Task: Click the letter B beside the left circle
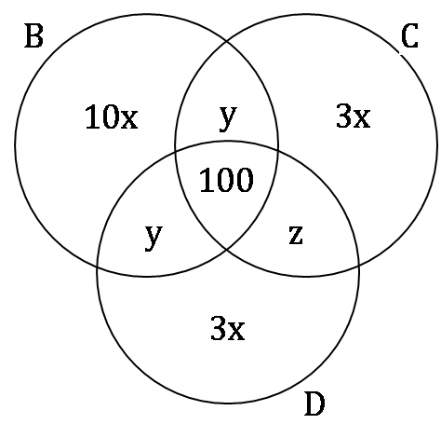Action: pos(33,36)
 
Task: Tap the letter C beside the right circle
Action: pos(409,36)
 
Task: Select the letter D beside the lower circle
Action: pos(314,403)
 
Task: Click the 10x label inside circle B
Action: pos(111,116)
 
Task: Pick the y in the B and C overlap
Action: pos(228,118)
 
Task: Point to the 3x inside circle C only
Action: pos(354,116)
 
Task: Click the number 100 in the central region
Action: pos(226,180)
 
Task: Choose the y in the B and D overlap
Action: pos(154,238)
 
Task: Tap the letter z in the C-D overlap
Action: pos(296,235)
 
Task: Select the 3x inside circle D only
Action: pos(228,328)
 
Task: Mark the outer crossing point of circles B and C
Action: pos(227,41)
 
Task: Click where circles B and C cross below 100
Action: pos(227,249)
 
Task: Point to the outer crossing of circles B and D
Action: pos(98,267)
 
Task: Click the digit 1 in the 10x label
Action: pos(91,116)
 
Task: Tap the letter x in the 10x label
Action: pos(129,120)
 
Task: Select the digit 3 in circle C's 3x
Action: pos(343,116)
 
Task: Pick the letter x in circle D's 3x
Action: pos(236,332)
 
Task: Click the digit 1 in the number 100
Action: pos(207,180)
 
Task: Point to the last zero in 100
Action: pos(245,180)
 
